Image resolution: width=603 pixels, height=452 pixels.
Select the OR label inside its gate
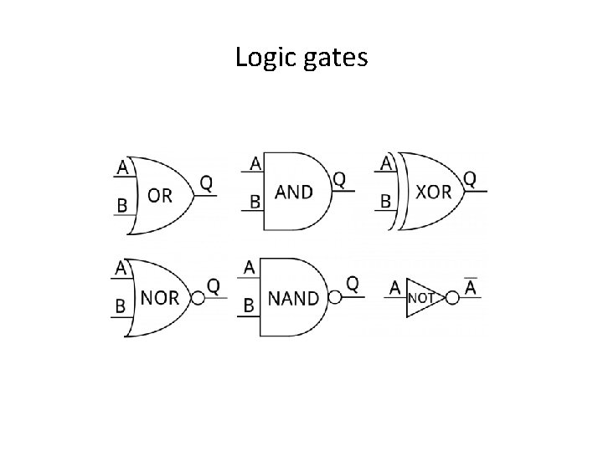(x=160, y=195)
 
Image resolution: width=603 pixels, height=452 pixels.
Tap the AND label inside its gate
(x=293, y=192)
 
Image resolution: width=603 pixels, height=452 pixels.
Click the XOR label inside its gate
(x=433, y=192)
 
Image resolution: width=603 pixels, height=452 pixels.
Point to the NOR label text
(x=159, y=299)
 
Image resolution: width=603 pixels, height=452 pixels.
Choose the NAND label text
(x=293, y=298)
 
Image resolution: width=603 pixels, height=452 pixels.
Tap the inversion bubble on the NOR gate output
(x=198, y=298)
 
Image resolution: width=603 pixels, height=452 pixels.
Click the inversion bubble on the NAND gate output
(x=335, y=297)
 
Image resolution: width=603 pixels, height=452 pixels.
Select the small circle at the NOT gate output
(x=451, y=297)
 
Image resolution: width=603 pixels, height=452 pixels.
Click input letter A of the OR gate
(x=123, y=167)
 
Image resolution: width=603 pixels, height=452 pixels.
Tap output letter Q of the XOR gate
(x=471, y=178)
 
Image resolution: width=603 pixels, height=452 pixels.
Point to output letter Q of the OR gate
(x=206, y=182)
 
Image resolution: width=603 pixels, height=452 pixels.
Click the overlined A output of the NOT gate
(x=472, y=287)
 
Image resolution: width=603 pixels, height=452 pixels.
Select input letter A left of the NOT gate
(x=394, y=288)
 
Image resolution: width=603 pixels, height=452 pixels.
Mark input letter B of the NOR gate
(x=120, y=306)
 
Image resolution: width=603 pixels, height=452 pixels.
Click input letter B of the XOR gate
(x=386, y=201)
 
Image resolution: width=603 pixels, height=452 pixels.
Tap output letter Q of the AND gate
(x=339, y=178)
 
